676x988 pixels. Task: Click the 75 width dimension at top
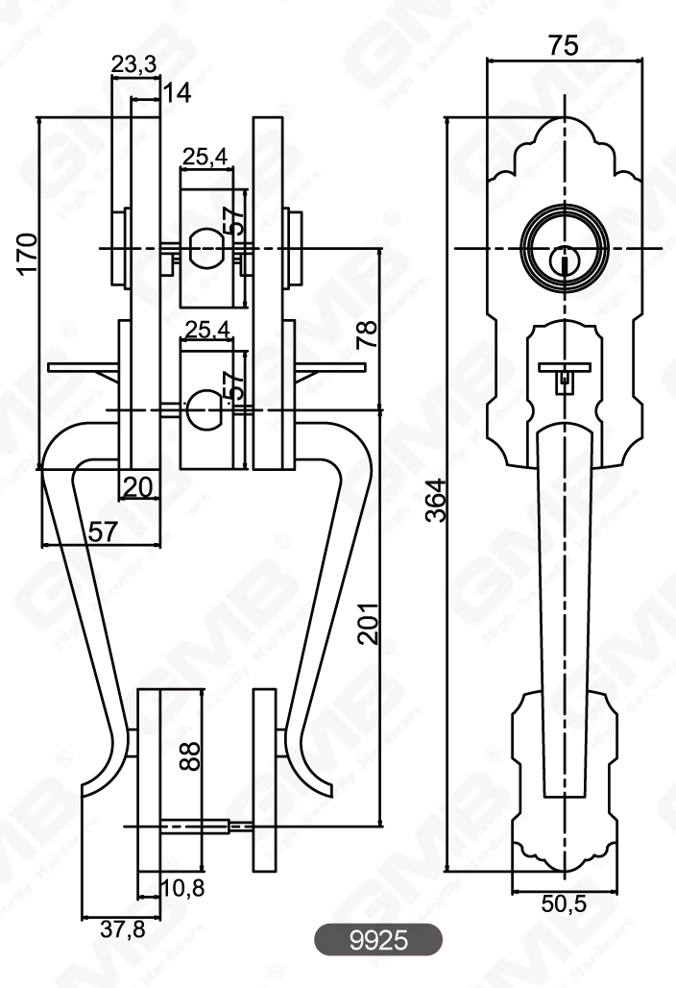pyautogui.click(x=564, y=44)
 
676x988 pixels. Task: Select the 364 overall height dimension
pyautogui.click(x=435, y=500)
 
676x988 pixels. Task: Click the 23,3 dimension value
pyautogui.click(x=134, y=64)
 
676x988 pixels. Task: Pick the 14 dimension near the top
pyautogui.click(x=176, y=92)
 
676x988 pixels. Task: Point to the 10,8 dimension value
pyautogui.click(x=181, y=888)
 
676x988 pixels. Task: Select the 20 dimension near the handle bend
pyautogui.click(x=138, y=487)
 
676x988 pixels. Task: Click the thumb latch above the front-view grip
pyautogui.click(x=564, y=370)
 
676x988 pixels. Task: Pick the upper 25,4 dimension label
pyautogui.click(x=207, y=158)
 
